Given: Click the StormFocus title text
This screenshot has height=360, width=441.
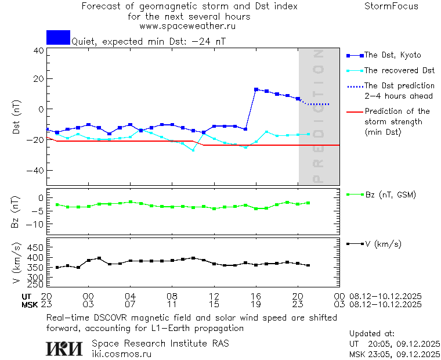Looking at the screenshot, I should (391, 6).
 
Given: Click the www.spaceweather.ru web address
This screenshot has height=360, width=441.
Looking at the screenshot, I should (187, 26).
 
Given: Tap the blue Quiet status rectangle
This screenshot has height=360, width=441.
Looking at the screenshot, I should (58, 37).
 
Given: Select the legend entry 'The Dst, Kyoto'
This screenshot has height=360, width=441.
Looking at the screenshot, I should (392, 55).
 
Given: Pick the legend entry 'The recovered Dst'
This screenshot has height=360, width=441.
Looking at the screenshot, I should (399, 70).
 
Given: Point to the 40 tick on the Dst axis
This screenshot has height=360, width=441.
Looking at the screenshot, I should (38, 50).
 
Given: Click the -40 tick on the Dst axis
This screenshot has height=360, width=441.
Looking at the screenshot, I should (36, 170).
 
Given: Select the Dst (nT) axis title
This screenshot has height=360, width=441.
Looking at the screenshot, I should (17, 118).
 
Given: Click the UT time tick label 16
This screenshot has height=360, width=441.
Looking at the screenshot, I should (256, 296).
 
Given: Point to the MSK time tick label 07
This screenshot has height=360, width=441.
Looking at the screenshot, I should (130, 304).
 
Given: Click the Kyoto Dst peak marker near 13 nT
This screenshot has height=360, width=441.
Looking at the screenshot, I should (256, 89).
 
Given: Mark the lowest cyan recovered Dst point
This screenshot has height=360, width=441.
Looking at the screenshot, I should (193, 150).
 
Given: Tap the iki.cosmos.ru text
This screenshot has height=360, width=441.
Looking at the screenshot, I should (121, 353).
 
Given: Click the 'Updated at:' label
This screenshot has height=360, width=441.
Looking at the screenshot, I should (372, 334).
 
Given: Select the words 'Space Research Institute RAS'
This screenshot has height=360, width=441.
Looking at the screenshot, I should (160, 343).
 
